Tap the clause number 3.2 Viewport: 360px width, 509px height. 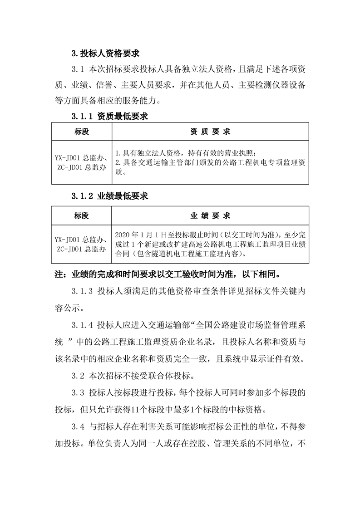(78, 376)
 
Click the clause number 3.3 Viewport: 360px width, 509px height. (78, 393)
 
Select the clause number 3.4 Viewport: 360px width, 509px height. (78, 426)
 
